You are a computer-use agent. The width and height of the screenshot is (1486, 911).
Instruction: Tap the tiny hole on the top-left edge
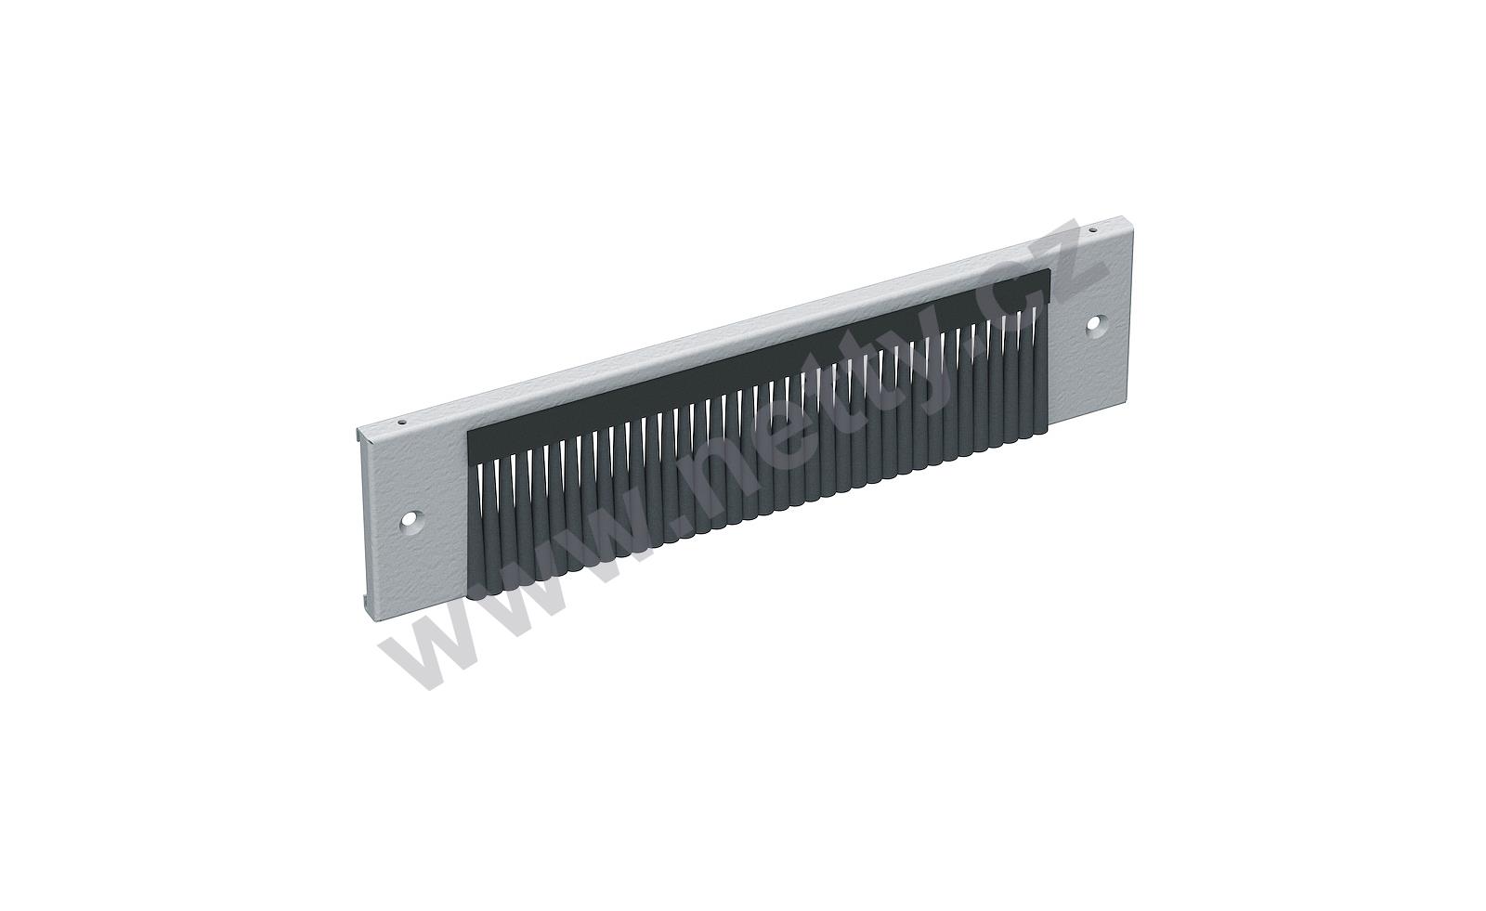click(400, 422)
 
